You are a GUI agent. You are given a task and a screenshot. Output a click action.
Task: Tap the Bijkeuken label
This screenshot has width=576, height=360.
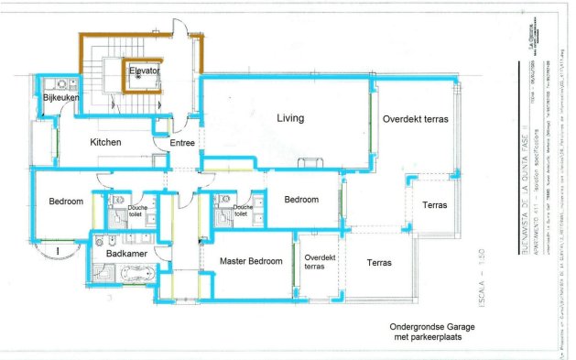[60, 96]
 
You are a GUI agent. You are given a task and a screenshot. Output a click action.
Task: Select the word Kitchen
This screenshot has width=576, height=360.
[105, 143]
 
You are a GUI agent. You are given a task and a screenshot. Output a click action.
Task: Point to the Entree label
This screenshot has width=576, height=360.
[182, 143]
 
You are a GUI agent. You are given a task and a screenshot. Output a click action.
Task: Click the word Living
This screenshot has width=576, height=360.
[290, 118]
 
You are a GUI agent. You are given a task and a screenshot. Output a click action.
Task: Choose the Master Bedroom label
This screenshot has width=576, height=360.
[251, 261]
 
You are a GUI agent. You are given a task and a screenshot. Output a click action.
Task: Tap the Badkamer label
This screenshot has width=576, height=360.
[122, 253]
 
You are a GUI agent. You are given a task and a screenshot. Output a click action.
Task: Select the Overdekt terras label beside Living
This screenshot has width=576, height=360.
[416, 118]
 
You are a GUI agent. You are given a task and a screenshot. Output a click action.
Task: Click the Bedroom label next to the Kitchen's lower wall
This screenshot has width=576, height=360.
[66, 202]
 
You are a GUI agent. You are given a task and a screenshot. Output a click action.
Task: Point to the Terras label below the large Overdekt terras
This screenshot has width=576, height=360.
[435, 204]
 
